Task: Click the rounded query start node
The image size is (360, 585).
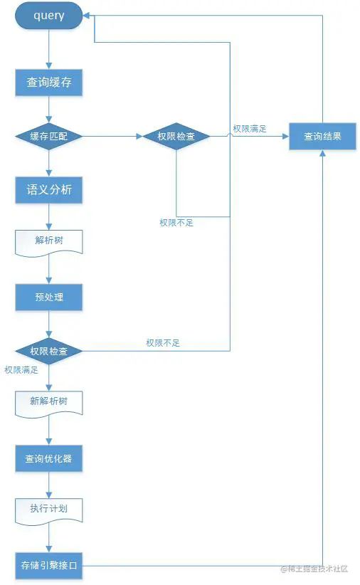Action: (x=48, y=16)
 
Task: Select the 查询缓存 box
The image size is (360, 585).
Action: (x=48, y=83)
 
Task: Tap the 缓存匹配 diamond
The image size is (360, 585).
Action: (x=48, y=136)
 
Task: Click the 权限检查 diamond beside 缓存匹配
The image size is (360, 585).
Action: (x=176, y=136)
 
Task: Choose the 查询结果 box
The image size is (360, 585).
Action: (x=323, y=136)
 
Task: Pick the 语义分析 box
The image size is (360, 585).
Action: (x=48, y=190)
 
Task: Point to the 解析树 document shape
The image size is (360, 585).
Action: (x=48, y=243)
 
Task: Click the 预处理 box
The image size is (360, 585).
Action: (x=48, y=297)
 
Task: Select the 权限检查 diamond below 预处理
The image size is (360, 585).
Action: (x=48, y=351)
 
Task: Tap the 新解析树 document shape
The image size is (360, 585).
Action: (x=48, y=404)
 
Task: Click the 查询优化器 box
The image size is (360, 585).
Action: (x=48, y=458)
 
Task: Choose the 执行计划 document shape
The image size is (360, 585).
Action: (x=48, y=511)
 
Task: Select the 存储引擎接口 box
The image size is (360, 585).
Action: (x=48, y=566)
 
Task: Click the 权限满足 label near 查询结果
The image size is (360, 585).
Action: (x=250, y=129)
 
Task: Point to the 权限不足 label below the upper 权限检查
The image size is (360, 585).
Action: (x=176, y=223)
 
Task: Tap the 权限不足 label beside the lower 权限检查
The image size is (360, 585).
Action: (x=163, y=343)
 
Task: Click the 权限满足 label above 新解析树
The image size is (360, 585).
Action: (x=21, y=370)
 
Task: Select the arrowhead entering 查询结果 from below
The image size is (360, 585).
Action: (x=323, y=153)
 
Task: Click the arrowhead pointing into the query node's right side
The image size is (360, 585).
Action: (x=86, y=16)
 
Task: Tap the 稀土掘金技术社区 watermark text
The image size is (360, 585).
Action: (x=314, y=569)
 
